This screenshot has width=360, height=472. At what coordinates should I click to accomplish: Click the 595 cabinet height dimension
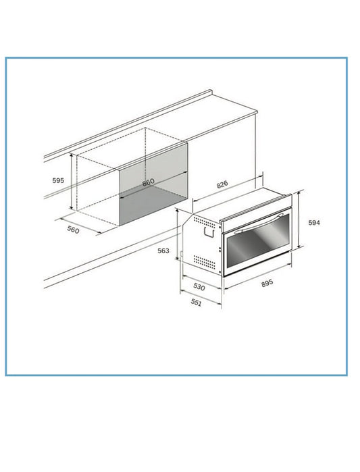[x=58, y=180]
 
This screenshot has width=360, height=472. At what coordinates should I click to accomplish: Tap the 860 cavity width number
[x=148, y=182]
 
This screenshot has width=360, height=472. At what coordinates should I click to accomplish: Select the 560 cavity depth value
[x=73, y=230]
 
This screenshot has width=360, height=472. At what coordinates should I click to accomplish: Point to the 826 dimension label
[x=222, y=184]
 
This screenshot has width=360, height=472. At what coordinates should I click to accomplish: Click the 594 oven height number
[x=314, y=223]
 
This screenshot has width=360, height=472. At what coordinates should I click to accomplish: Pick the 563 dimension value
[x=163, y=251]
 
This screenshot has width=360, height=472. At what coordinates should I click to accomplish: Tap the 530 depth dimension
[x=199, y=286]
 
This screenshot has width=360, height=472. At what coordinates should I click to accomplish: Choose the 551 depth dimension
[x=196, y=303]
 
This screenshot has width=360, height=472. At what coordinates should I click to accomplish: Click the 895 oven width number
[x=267, y=283]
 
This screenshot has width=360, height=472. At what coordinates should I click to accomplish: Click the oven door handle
[x=259, y=224]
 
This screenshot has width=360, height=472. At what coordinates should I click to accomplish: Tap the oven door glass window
[x=257, y=241]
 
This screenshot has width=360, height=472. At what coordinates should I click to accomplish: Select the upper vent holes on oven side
[x=205, y=222]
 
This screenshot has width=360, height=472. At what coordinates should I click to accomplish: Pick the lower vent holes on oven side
[x=205, y=262]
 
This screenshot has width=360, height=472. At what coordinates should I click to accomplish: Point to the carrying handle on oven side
[x=209, y=232]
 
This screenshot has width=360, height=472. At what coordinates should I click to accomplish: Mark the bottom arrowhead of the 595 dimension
[x=72, y=207]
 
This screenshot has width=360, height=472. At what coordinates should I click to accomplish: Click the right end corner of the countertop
[x=257, y=112]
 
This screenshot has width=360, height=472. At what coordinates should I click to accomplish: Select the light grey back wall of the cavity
[x=153, y=169]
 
